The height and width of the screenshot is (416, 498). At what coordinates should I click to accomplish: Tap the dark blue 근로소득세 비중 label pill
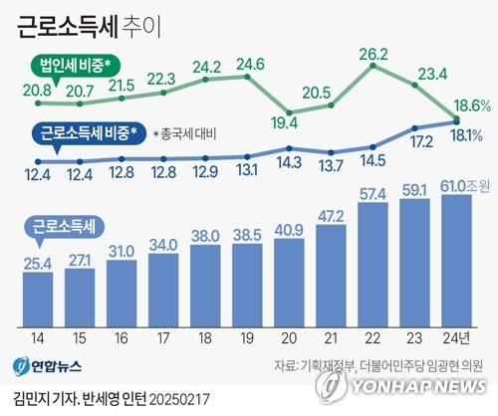pos(91,132)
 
